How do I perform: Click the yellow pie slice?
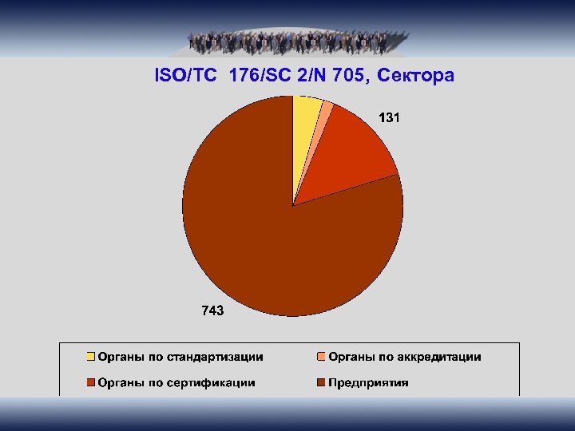(x=305, y=128)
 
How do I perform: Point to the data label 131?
(x=390, y=118)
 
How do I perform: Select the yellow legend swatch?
(x=91, y=357)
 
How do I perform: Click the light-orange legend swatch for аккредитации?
(x=322, y=357)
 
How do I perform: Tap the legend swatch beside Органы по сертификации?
(x=91, y=382)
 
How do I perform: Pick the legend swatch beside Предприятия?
(x=322, y=382)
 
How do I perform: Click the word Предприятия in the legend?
(x=368, y=382)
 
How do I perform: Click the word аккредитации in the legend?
(x=438, y=357)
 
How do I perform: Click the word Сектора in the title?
(x=414, y=76)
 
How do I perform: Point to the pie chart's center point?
(x=293, y=206)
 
